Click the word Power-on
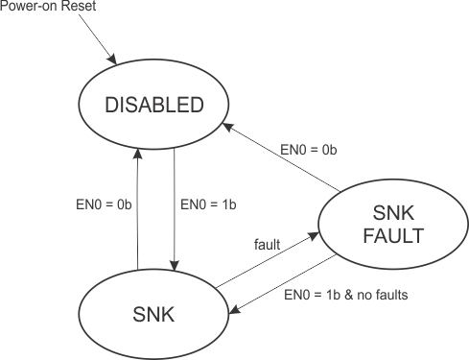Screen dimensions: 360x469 (x=25, y=7)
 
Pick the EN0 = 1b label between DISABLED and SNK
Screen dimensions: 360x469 (x=207, y=204)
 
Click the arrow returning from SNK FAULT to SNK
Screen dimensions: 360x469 (x=278, y=285)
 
